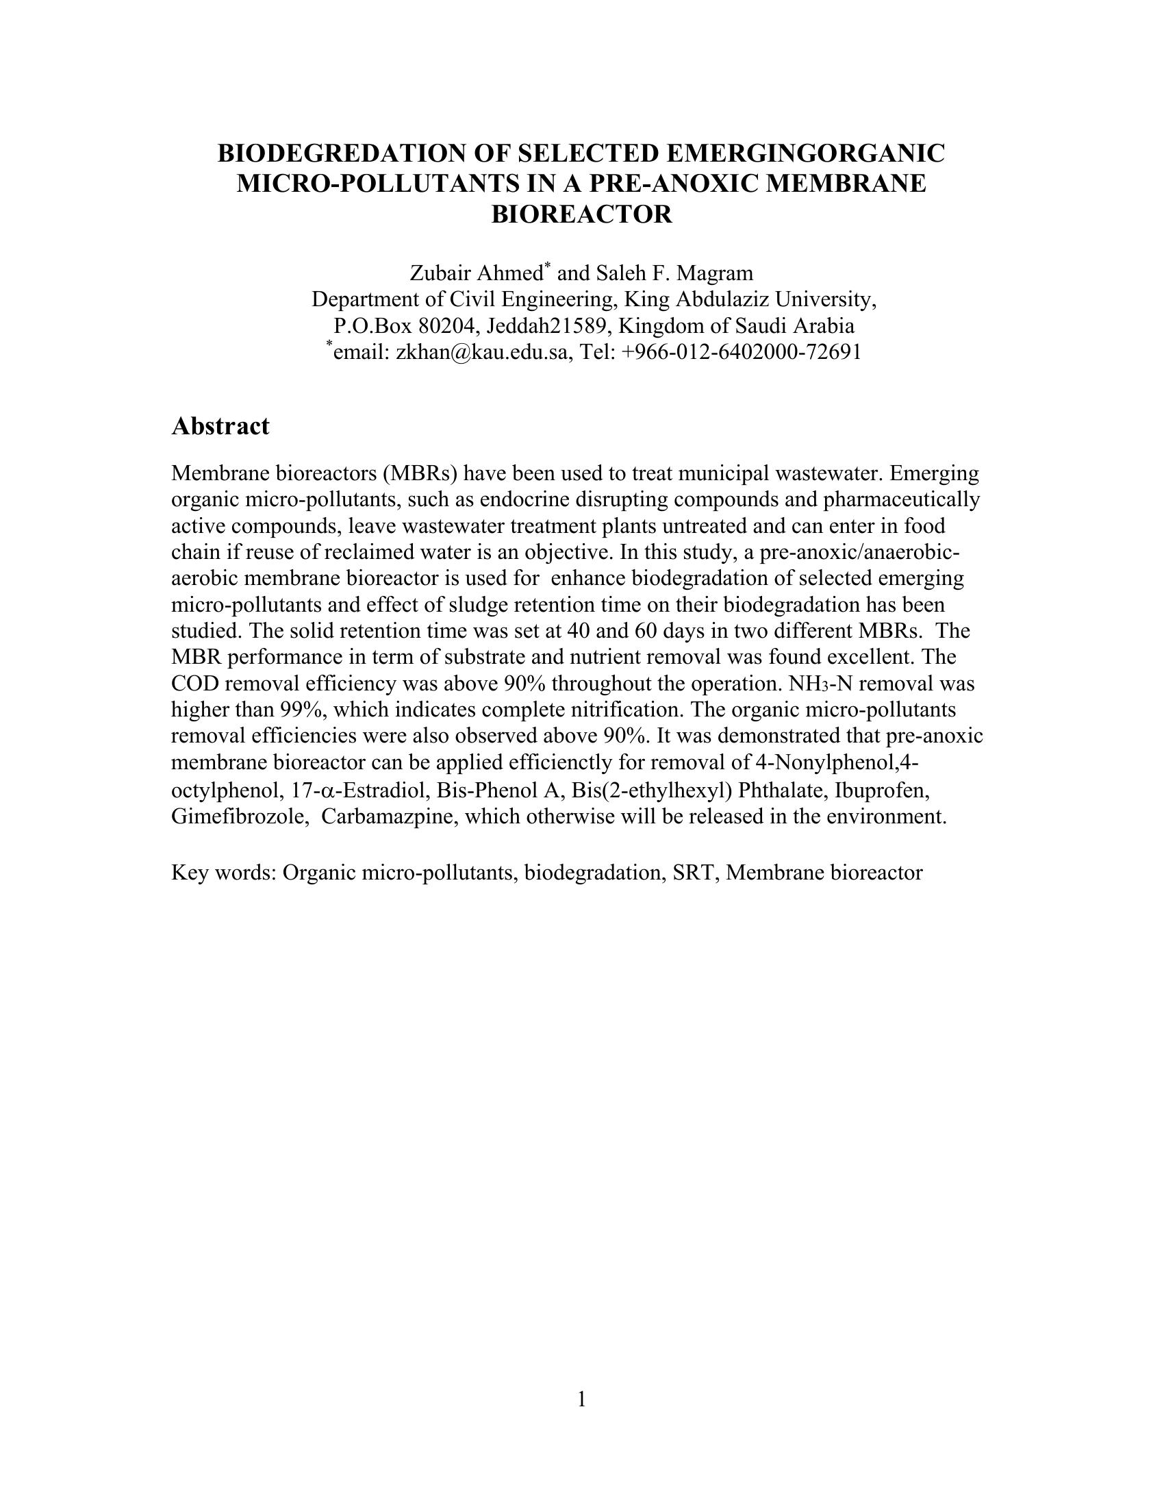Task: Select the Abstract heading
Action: (x=220, y=426)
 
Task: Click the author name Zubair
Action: (x=440, y=274)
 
